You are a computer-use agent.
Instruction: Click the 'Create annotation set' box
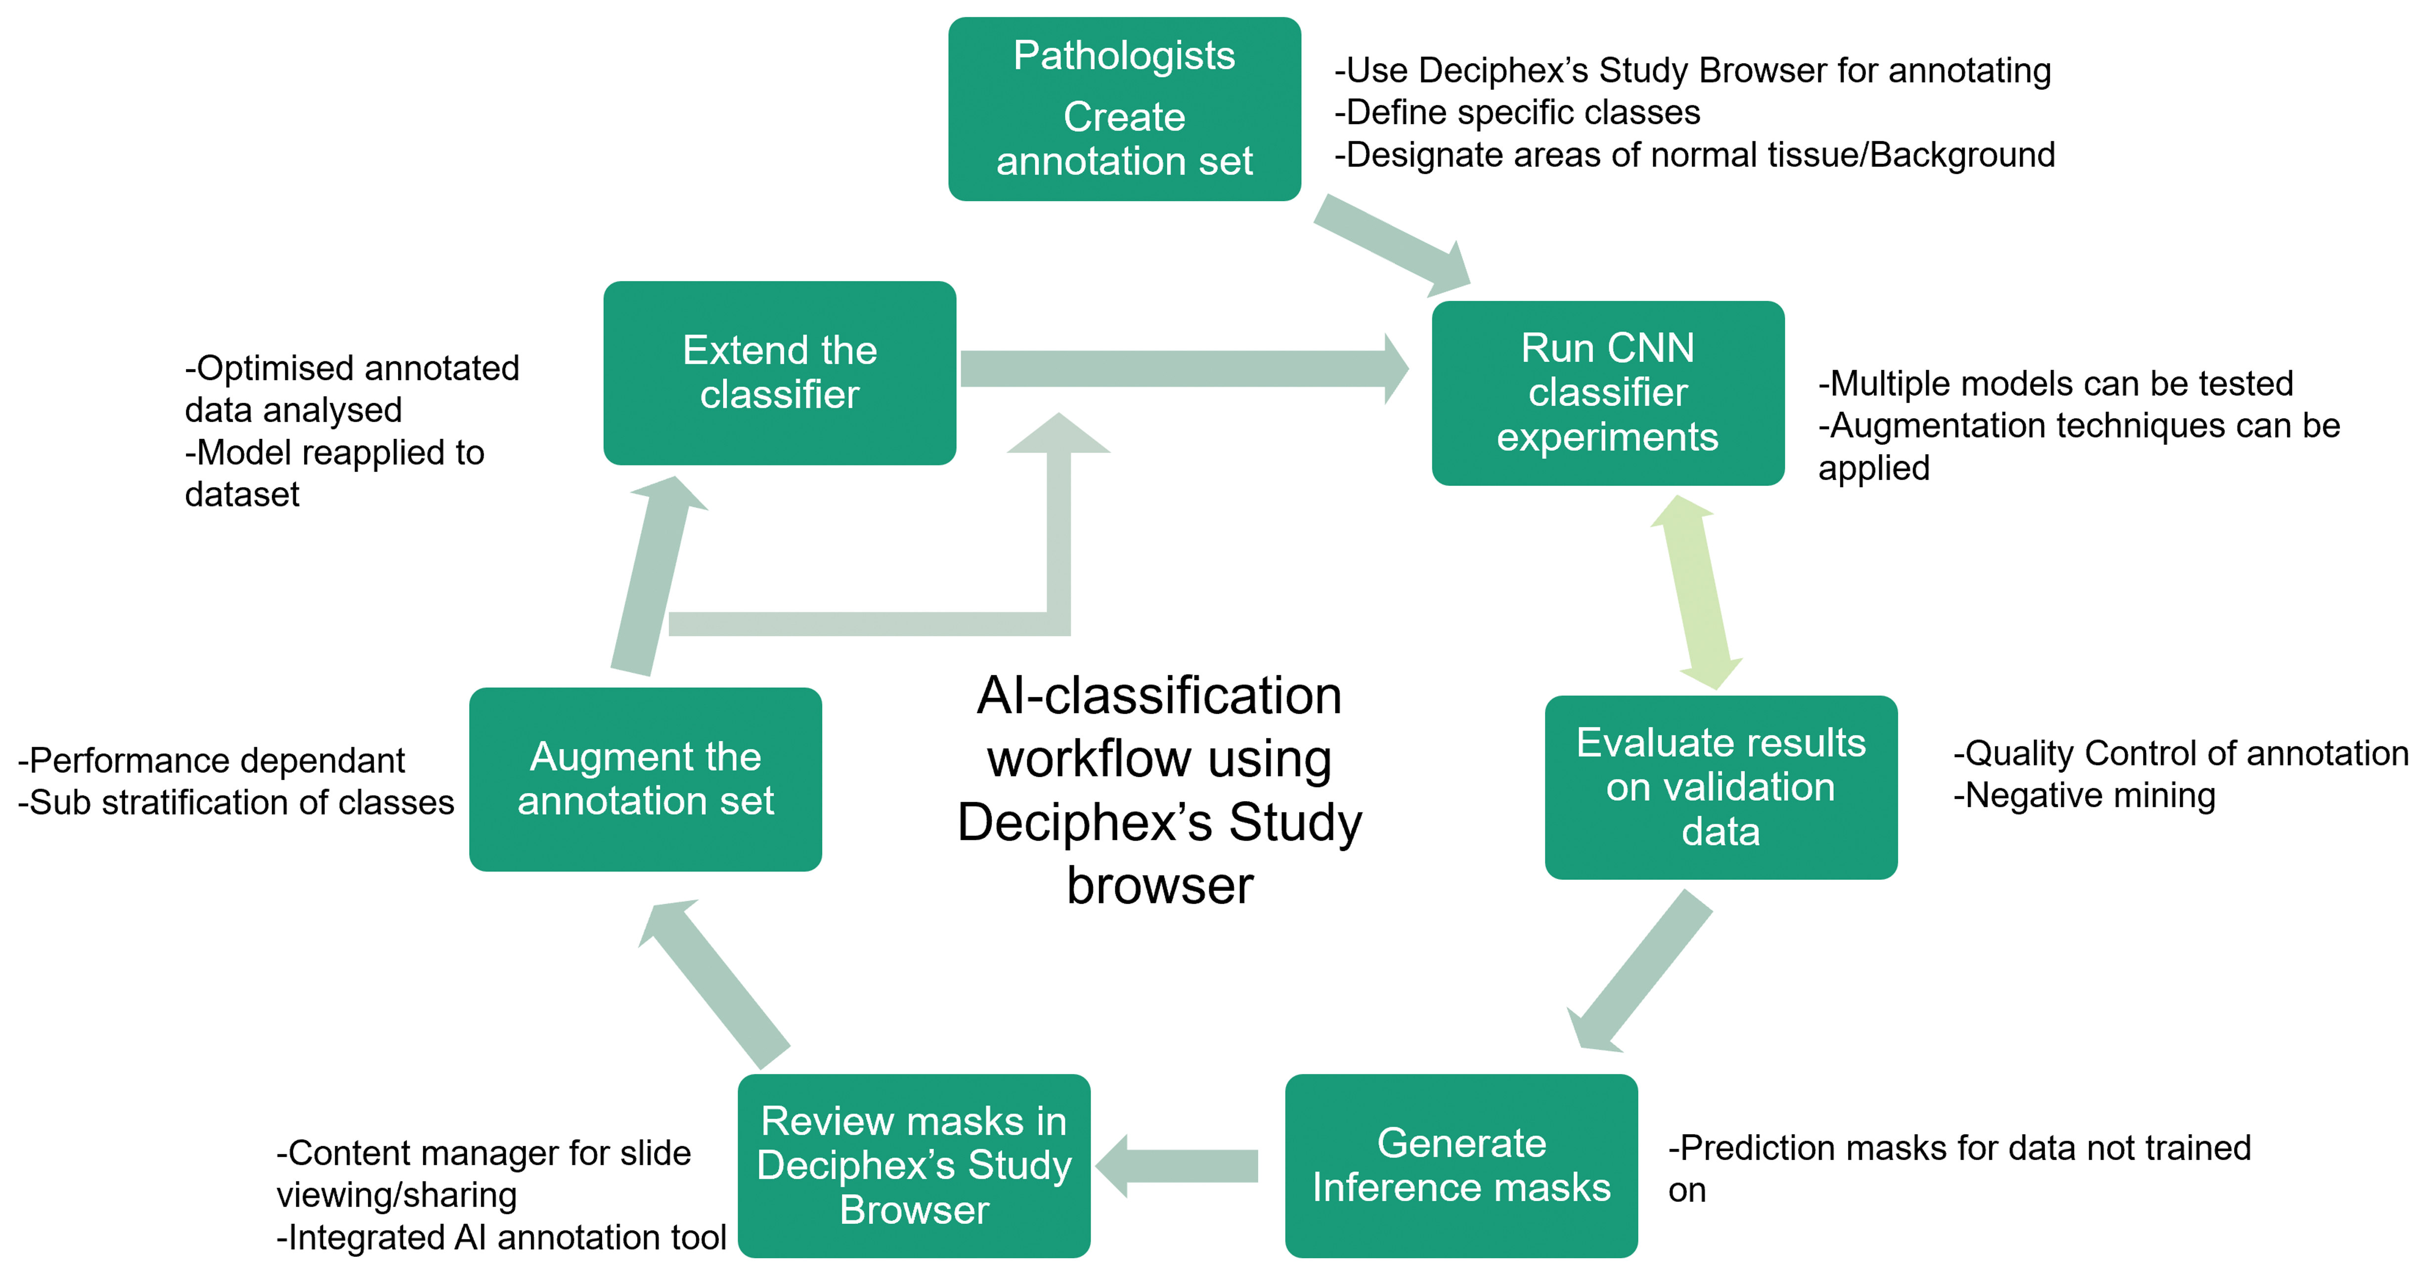point(1124,109)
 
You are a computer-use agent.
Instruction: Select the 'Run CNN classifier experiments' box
point(1607,393)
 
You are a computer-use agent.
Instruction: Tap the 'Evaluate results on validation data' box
point(1720,787)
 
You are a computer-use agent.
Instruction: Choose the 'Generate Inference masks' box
point(1461,1165)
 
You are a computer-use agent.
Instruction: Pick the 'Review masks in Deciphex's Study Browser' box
point(913,1165)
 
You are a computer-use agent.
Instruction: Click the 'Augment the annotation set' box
point(645,779)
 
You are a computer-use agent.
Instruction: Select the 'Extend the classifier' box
point(780,373)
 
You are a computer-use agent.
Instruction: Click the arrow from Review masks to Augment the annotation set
point(714,984)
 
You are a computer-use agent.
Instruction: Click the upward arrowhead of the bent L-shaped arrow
point(1058,432)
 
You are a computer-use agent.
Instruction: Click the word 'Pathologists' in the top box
point(1124,55)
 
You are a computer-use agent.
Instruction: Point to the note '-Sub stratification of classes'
point(236,802)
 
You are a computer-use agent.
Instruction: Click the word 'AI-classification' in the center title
point(1159,696)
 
